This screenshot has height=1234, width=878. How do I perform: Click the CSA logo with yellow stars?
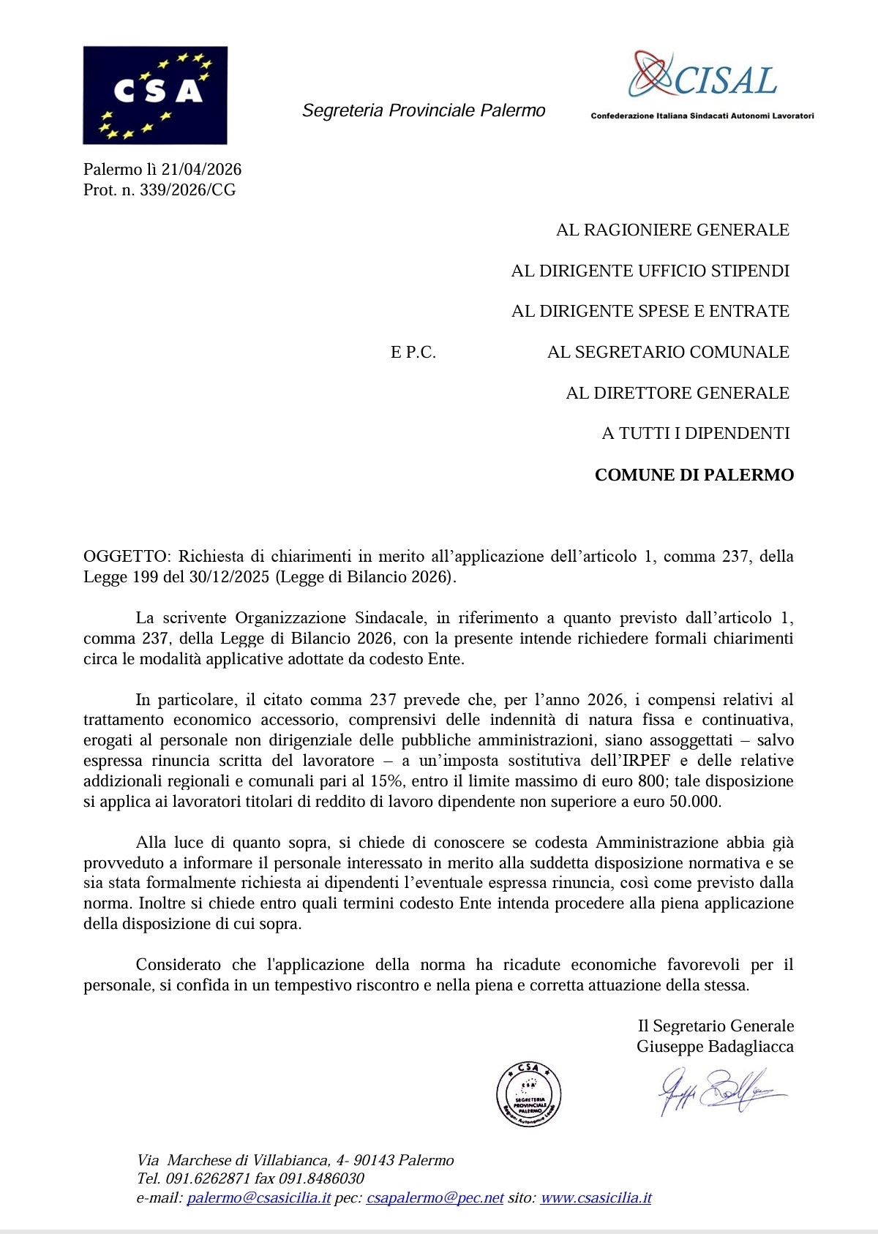click(x=155, y=95)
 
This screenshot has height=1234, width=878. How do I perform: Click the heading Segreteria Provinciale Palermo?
click(x=424, y=110)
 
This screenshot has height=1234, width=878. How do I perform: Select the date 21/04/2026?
click(x=201, y=170)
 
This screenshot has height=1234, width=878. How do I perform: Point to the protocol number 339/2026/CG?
click(x=187, y=190)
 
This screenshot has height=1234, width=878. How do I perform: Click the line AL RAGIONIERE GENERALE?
click(x=672, y=230)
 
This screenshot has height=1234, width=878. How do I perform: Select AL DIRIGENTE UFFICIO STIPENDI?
click(x=650, y=271)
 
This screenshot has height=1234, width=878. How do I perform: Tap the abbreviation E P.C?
click(x=413, y=353)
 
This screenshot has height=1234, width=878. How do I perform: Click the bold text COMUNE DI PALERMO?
click(x=694, y=475)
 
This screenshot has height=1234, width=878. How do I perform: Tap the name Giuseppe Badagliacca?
click(x=714, y=1047)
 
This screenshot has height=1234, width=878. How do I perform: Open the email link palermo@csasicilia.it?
click(x=259, y=1198)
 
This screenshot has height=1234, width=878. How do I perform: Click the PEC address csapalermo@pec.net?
click(x=435, y=1198)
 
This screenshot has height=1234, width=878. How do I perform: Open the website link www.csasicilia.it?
click(x=596, y=1198)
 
